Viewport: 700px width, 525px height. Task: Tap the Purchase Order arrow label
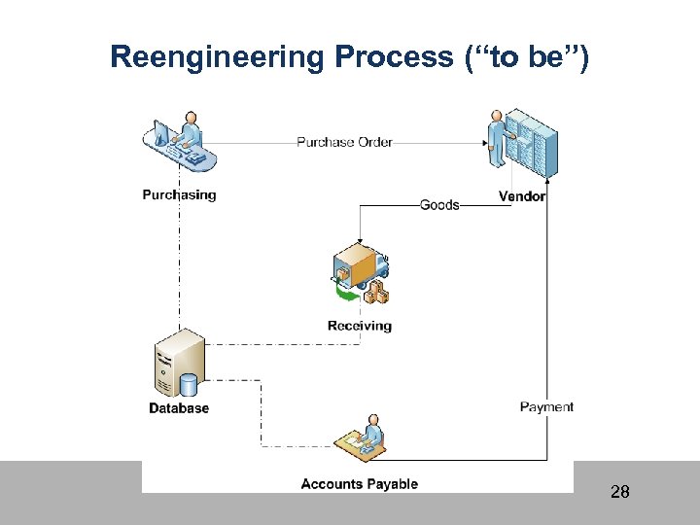click(x=344, y=142)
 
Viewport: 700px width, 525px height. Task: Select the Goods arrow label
click(x=439, y=205)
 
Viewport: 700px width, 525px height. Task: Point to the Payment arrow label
click(x=546, y=406)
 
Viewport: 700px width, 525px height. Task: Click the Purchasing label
click(x=179, y=194)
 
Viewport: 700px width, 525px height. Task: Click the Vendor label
click(x=522, y=196)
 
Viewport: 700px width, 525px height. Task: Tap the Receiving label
click(x=360, y=326)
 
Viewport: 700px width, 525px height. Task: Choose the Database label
click(x=179, y=408)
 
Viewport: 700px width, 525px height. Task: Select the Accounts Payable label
click(x=359, y=483)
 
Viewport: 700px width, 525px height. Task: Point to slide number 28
click(x=619, y=492)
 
